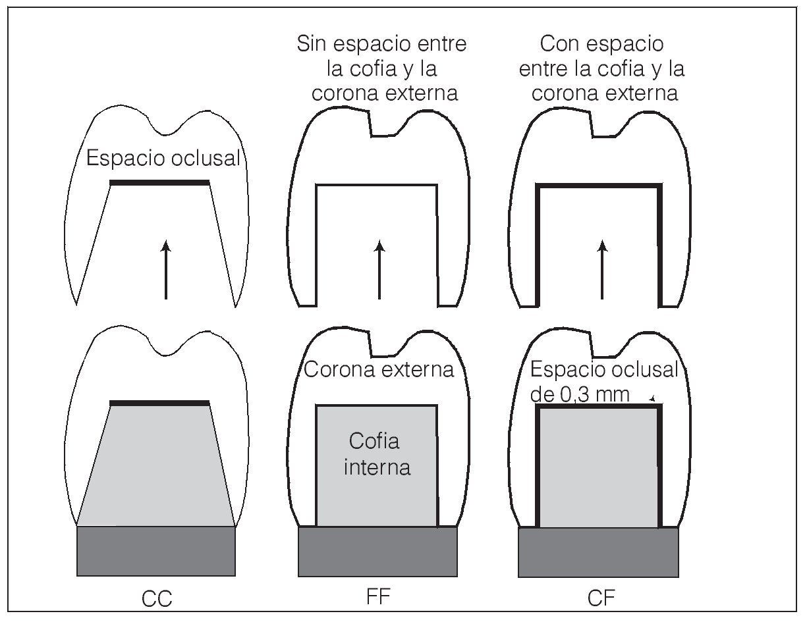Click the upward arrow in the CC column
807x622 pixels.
tap(166, 269)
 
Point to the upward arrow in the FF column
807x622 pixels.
tap(379, 269)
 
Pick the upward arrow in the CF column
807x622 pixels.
tap(601, 269)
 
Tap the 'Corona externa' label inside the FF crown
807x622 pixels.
tap(379, 370)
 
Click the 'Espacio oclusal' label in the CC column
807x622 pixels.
tap(163, 160)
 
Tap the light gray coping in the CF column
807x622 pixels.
tap(599, 467)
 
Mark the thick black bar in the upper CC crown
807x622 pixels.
tap(159, 182)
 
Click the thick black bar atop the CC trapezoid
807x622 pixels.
tap(159, 403)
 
